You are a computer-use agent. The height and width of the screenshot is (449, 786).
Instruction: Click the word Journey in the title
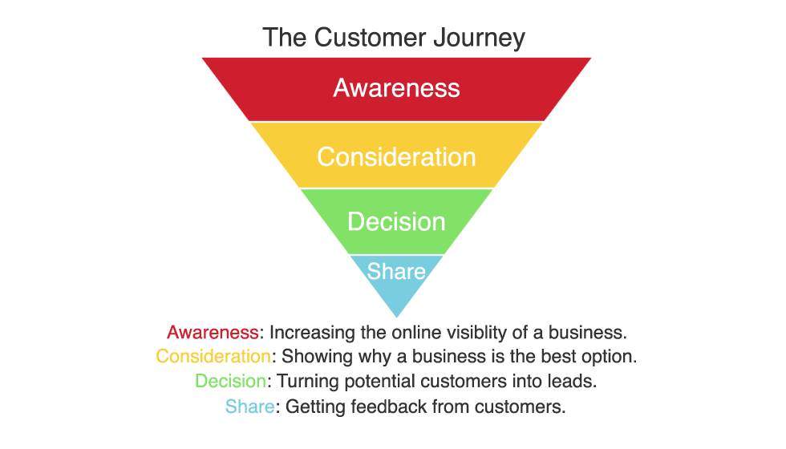tap(480, 38)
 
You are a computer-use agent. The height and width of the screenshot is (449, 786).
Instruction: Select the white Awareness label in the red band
tap(396, 87)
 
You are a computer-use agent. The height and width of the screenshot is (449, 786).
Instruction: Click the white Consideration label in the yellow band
tap(396, 157)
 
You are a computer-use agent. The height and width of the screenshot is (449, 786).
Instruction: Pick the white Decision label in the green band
tap(396, 221)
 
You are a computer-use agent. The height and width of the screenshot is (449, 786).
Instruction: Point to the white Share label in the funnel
tap(396, 271)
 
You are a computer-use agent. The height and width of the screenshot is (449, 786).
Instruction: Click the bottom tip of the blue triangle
tap(396, 318)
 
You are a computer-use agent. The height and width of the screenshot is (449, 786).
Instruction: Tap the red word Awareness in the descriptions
tap(213, 332)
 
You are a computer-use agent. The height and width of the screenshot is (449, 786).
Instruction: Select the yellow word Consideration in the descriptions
tap(213, 356)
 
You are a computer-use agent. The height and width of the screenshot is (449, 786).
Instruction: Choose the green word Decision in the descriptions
tap(231, 381)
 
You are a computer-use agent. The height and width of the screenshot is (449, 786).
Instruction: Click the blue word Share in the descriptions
tap(249, 407)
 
